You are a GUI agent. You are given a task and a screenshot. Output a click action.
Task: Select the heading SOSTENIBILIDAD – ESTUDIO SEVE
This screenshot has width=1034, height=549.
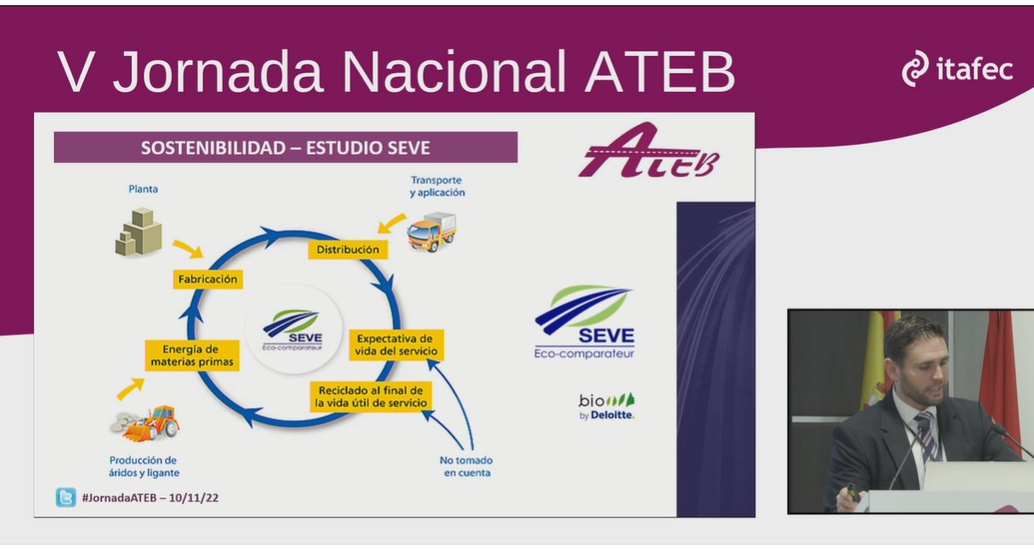pos(286,148)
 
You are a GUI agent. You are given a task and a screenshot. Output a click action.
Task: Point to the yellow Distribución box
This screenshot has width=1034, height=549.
pos(348,250)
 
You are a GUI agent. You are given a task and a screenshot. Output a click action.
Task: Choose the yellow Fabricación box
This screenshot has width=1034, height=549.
pos(207,279)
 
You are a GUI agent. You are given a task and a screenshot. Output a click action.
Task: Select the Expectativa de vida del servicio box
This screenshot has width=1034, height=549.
pos(396,345)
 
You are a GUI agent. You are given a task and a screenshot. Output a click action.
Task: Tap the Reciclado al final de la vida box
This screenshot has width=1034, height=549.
pos(370,396)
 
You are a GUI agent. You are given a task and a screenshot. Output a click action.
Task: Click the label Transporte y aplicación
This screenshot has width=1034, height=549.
pos(437,186)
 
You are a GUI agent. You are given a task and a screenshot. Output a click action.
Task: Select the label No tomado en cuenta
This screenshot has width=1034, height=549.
pos(466,466)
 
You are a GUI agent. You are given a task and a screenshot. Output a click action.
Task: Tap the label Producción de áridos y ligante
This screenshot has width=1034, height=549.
pos(144,466)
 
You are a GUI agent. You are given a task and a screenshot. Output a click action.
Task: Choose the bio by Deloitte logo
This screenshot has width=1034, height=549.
pos(606,407)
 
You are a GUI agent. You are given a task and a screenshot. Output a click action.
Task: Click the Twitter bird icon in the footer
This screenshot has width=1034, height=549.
pos(65,498)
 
